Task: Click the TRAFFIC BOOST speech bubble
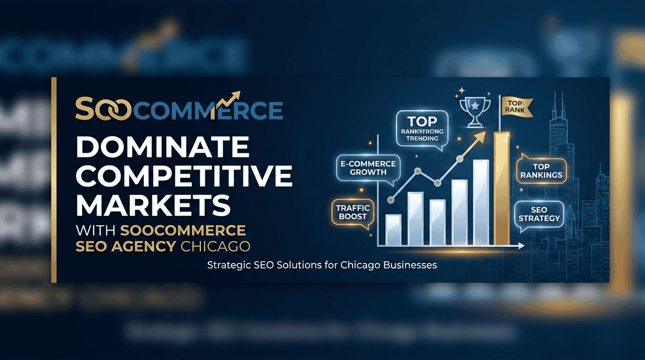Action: (352, 213)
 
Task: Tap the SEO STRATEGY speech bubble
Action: (539, 214)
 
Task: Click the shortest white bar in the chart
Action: (393, 230)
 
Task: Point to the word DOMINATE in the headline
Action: (163, 148)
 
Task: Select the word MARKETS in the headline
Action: (153, 205)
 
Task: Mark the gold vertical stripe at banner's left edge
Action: (54, 180)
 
